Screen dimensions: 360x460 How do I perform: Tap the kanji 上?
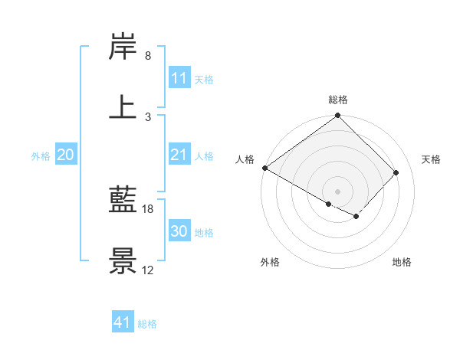[x=123, y=106]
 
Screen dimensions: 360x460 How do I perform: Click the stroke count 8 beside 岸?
[x=148, y=57]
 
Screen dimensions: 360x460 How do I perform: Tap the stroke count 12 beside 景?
[x=148, y=270]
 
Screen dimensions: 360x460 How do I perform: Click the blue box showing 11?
[x=179, y=78]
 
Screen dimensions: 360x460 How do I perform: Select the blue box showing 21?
[x=179, y=155]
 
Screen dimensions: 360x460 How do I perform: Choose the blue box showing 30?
[x=179, y=232]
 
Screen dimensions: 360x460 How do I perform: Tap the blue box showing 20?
[x=66, y=155]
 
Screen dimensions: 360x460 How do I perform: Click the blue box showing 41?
[x=123, y=323]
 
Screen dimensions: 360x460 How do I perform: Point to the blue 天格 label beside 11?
[x=204, y=79]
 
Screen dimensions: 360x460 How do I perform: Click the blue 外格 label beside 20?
[x=41, y=156]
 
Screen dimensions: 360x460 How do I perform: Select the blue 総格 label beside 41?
[x=148, y=324]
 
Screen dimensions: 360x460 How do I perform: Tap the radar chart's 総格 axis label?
[x=338, y=100]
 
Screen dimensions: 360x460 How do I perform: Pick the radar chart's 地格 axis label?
[x=402, y=263]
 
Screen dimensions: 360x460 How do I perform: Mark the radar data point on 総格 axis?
[x=337, y=116]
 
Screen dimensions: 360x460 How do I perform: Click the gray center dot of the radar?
[x=337, y=191]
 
